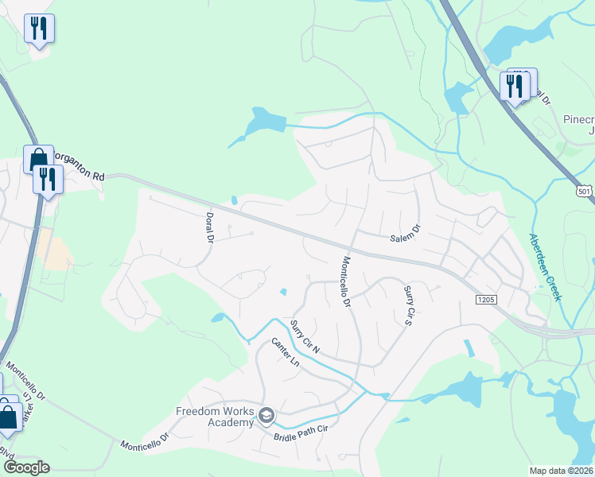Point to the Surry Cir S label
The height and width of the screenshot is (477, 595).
click(x=408, y=306)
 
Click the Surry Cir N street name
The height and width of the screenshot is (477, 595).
click(x=305, y=337)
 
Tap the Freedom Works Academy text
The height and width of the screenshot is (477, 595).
click(x=215, y=417)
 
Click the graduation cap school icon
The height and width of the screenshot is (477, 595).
click(x=266, y=416)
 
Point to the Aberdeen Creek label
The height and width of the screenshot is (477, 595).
click(x=546, y=266)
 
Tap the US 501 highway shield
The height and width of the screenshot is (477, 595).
click(x=585, y=192)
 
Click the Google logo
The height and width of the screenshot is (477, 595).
click(x=26, y=467)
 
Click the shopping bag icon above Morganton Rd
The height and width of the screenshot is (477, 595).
click(x=37, y=159)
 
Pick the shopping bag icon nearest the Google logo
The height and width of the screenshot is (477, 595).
click(x=9, y=416)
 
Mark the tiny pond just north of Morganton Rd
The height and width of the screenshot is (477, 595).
click(x=234, y=200)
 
